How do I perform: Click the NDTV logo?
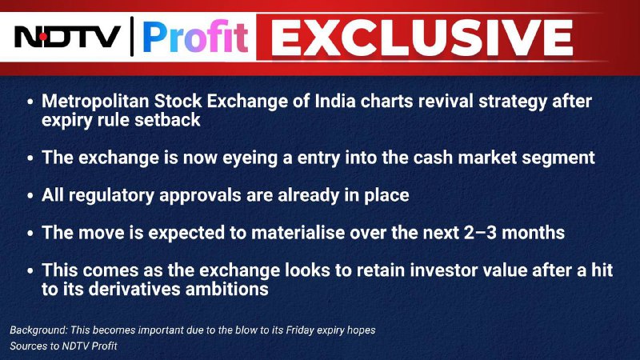click(x=67, y=36)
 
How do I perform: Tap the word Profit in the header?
click(x=195, y=37)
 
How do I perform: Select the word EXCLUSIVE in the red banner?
click(x=422, y=38)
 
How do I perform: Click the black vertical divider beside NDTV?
click(x=132, y=36)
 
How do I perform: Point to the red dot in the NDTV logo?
click(x=43, y=37)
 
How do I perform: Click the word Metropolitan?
click(x=95, y=102)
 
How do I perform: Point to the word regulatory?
click(x=111, y=195)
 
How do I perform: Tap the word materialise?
click(x=298, y=233)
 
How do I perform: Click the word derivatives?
click(x=134, y=290)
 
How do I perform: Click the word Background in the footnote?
click(x=38, y=330)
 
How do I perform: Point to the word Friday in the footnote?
click(x=299, y=330)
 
